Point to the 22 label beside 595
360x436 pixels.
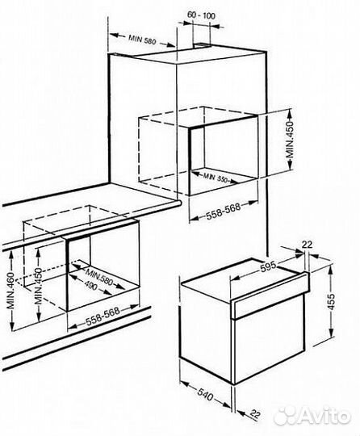tap(308, 244)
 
